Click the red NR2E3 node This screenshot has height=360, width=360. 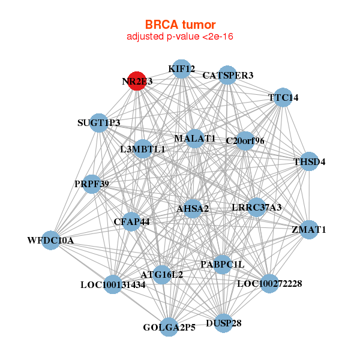click(137, 82)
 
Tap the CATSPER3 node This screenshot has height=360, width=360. click(227, 76)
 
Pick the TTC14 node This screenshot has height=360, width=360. click(283, 97)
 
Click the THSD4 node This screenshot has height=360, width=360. click(308, 161)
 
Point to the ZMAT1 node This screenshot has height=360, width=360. click(308, 229)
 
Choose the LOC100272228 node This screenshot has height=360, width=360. click(269, 283)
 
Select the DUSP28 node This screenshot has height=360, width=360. click(223, 323)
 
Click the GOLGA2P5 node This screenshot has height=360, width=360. click(169, 327)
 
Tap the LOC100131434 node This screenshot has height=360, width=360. click(113, 284)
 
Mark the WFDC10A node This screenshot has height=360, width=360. click(51, 240)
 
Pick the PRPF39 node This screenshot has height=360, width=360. click(92, 184)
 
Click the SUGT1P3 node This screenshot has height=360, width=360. click(99, 123)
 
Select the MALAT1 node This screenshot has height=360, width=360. click(195, 139)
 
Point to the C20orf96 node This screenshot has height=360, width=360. click(245, 141)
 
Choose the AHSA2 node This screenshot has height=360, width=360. click(193, 208)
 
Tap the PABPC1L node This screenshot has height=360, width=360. click(222, 263)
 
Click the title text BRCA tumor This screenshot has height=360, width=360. click(180, 25)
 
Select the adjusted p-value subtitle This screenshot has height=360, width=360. click(180, 37)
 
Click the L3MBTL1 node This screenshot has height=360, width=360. click(143, 149)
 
